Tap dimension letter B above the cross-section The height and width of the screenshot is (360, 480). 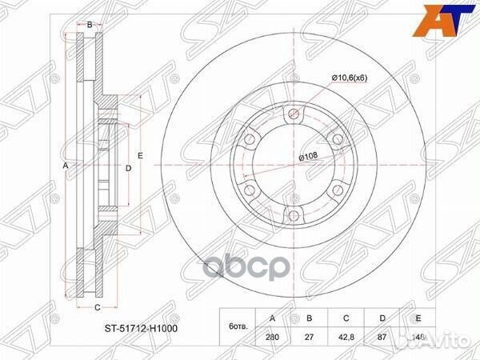(x=90, y=26)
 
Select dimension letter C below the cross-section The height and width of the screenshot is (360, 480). (x=97, y=307)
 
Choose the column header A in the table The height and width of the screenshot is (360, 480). (x=273, y=318)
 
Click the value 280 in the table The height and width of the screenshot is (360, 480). (x=273, y=338)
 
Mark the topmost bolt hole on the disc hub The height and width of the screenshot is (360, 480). (x=292, y=113)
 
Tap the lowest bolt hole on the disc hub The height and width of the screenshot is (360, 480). (x=292, y=214)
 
